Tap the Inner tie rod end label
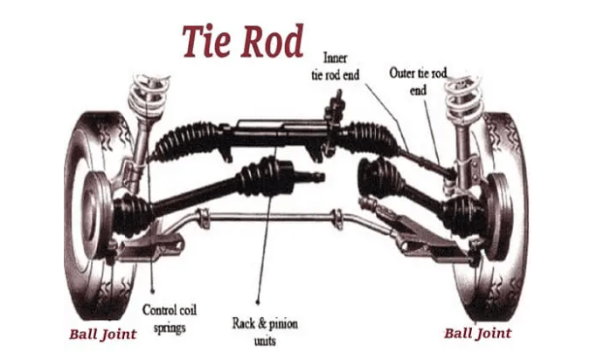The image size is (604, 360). point(337,66)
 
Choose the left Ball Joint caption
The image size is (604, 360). point(102,333)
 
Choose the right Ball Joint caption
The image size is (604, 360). point(477,333)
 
